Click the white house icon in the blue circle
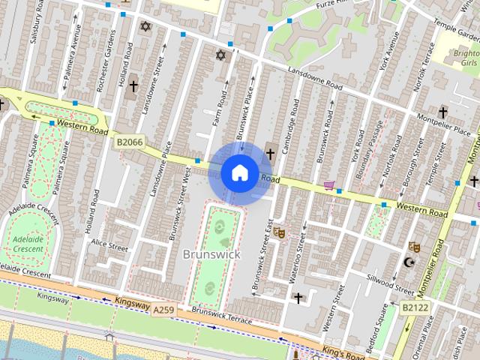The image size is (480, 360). [x=239, y=172]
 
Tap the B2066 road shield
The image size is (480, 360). [x=129, y=140]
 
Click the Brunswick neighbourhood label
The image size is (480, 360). [x=211, y=254]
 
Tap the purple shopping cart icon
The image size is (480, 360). [x=328, y=184]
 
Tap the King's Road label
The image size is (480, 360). [x=342, y=352]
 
